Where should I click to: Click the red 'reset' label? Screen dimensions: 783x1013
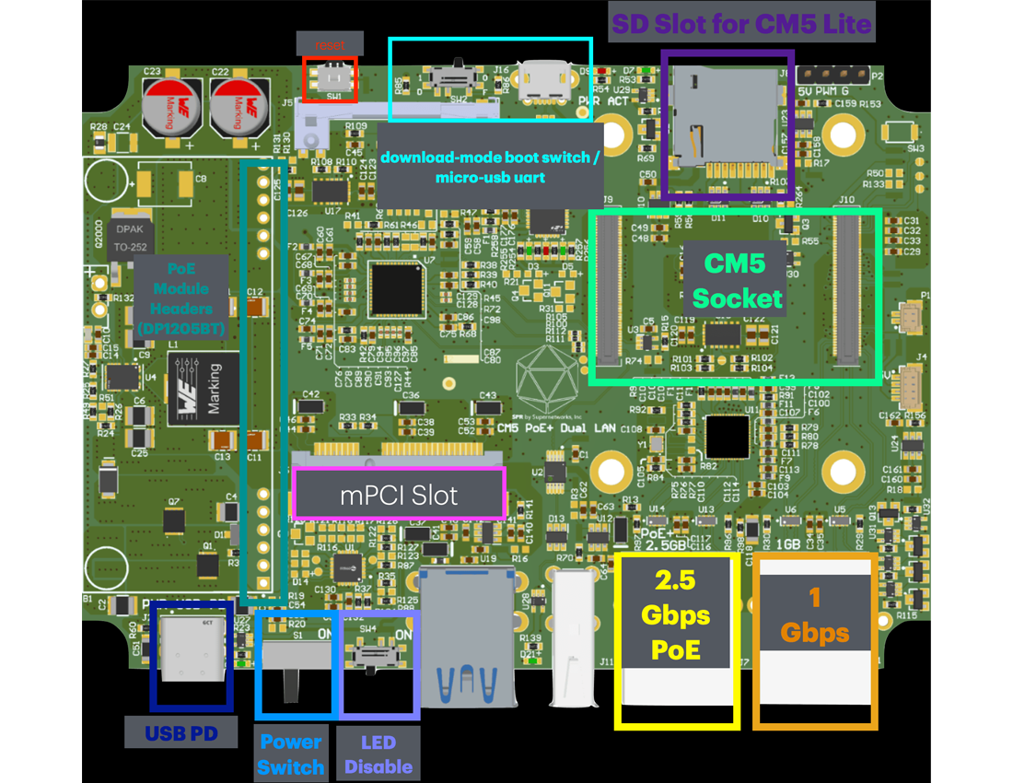330,43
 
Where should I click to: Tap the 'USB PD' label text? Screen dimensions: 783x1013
180,733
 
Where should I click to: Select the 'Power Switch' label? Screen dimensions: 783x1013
290,754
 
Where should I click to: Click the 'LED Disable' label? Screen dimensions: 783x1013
378,754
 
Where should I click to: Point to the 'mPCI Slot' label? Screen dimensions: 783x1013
399,495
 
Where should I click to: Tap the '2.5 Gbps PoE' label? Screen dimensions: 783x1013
677,615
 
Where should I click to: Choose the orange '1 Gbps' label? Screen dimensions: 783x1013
814,615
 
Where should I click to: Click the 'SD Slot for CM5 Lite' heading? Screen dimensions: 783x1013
741,23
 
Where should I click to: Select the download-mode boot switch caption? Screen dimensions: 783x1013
489,167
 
